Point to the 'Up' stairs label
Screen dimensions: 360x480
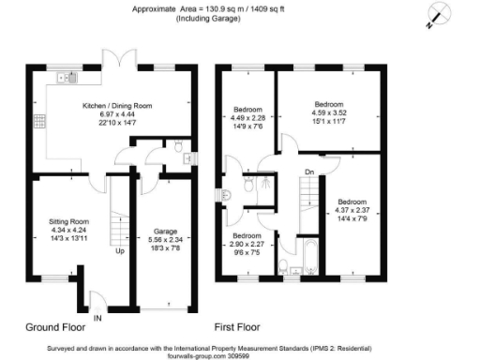[x=118, y=251]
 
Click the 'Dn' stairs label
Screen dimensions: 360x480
[x=310, y=172]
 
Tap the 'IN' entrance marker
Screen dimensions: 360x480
[x=97, y=319]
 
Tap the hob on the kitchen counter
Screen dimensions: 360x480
[x=39, y=120]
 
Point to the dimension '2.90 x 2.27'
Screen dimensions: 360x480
[x=247, y=244]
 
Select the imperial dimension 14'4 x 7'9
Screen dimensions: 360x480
[x=352, y=218]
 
